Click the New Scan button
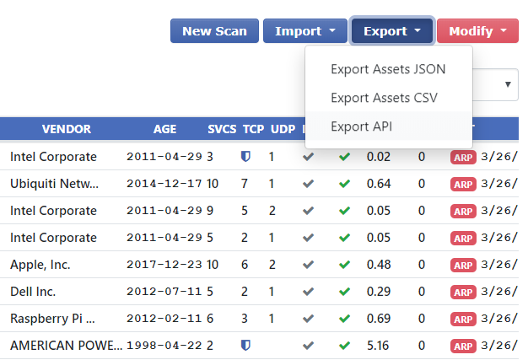tap(214, 31)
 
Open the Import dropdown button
tap(304, 31)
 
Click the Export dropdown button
tap(392, 31)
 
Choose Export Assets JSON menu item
tap(388, 69)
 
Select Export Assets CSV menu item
tap(384, 98)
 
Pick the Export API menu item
tap(362, 126)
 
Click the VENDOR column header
tap(67, 129)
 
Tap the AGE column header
tap(165, 129)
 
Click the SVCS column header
tap(223, 129)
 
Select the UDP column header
tap(283, 129)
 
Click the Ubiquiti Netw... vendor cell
tap(54, 184)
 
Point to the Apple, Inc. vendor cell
tap(40, 265)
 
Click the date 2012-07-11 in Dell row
tap(165, 292)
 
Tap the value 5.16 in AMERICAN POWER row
tap(377, 346)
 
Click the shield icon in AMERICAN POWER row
tap(245, 346)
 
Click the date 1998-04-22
tap(165, 346)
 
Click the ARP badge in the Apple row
tap(463, 265)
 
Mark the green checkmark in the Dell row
tap(344, 292)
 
